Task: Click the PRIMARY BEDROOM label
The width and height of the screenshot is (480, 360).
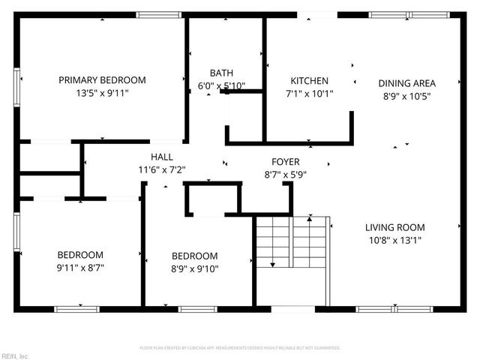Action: [102, 80]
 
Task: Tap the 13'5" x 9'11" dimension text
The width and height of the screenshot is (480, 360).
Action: [102, 94]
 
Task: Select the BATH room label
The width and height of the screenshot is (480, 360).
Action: [221, 73]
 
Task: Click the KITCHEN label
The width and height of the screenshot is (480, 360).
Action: [309, 81]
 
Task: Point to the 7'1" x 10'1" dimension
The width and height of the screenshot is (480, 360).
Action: [309, 94]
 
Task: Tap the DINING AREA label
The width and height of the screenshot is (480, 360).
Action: [406, 83]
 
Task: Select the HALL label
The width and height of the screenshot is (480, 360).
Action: [161, 157]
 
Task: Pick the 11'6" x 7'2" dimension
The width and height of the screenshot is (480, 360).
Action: [161, 169]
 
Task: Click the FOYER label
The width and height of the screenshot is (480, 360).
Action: [285, 162]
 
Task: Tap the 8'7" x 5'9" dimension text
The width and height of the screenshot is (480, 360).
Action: [285, 175]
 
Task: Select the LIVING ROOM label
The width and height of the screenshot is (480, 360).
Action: [394, 227]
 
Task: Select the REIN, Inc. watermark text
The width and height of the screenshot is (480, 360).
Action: [15, 355]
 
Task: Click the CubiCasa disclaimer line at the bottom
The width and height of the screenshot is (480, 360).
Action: [240, 348]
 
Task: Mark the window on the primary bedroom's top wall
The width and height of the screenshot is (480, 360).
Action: [158, 14]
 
